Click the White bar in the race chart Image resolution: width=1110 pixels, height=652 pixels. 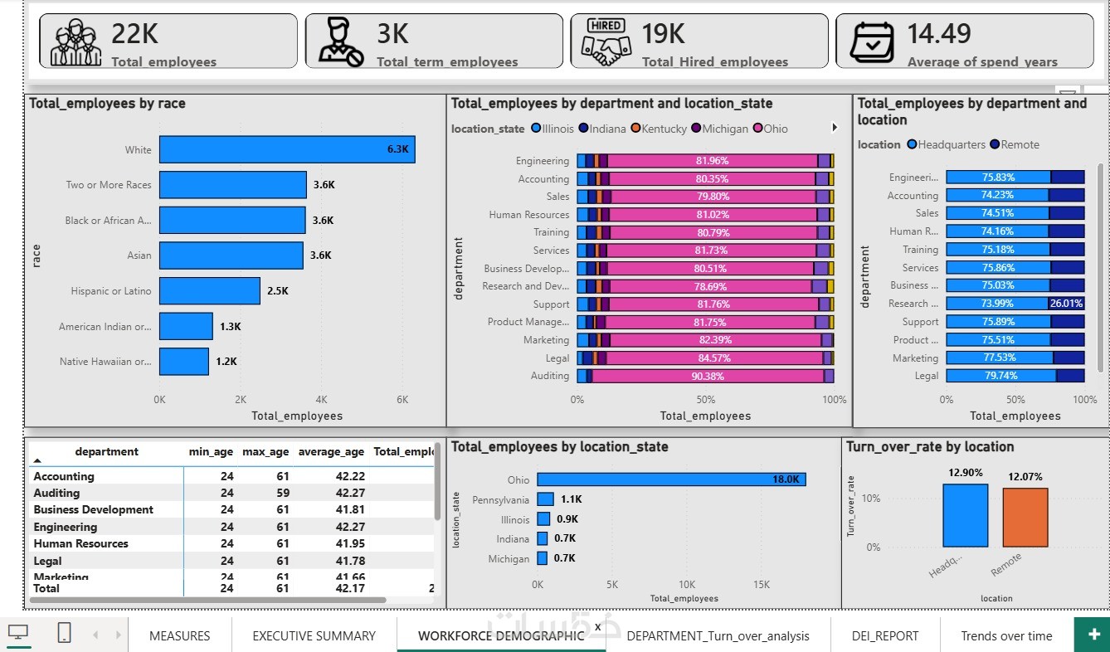287,149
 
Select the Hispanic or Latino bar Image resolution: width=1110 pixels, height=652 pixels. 210,291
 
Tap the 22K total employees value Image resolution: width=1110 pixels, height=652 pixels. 134,33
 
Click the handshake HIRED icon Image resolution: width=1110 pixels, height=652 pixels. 606,41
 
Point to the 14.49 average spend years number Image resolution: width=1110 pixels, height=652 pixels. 938,33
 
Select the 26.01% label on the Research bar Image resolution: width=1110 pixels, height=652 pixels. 1066,304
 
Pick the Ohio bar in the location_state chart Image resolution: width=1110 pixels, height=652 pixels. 671,479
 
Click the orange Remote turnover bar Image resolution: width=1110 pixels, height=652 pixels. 1025,517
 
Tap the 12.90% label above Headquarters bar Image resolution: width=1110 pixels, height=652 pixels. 965,473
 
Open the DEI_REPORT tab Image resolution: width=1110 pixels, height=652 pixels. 884,636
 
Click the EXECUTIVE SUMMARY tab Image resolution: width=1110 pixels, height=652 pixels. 314,636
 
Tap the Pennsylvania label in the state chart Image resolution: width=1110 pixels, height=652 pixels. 500,500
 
